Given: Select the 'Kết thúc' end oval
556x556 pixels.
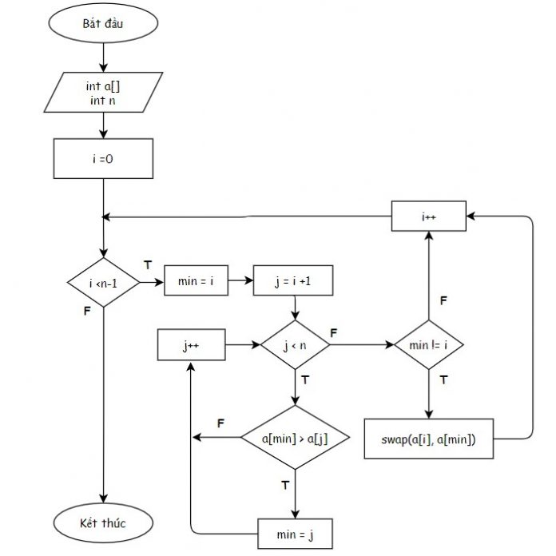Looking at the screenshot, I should [x=103, y=524].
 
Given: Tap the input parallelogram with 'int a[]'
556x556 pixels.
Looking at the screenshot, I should [x=103, y=92].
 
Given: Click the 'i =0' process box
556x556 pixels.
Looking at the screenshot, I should [x=103, y=158].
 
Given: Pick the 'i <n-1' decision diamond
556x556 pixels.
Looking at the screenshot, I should [x=103, y=282].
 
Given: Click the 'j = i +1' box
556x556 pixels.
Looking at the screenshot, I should [x=294, y=281].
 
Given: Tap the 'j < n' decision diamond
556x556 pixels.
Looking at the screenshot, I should [x=295, y=346].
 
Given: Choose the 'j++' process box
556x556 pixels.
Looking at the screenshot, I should [x=191, y=346].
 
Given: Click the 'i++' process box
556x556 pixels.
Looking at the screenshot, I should [x=430, y=216].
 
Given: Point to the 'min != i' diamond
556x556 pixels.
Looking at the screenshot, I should [x=430, y=346].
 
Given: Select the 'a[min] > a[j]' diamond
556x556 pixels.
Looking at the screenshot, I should [x=295, y=438].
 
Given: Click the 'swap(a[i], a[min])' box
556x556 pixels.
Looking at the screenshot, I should [x=430, y=439].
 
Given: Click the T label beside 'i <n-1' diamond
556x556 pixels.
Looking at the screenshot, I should [x=147, y=264].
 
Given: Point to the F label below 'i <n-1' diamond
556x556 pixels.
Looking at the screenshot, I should [x=87, y=311].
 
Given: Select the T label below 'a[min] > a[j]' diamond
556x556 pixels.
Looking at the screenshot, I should [x=285, y=485].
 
